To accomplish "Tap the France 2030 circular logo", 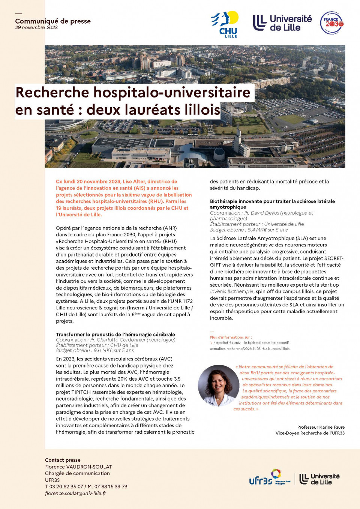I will point(331,23).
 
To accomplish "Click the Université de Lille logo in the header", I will point(282,23).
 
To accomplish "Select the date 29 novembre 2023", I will point(36,28).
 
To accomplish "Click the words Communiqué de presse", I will point(53,21).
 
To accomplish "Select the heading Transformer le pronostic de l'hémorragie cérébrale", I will point(115,334).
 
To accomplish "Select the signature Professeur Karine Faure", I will point(321,427).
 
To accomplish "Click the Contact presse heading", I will point(63,460).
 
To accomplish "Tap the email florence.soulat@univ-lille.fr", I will point(75,494).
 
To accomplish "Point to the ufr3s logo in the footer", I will point(269,478).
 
